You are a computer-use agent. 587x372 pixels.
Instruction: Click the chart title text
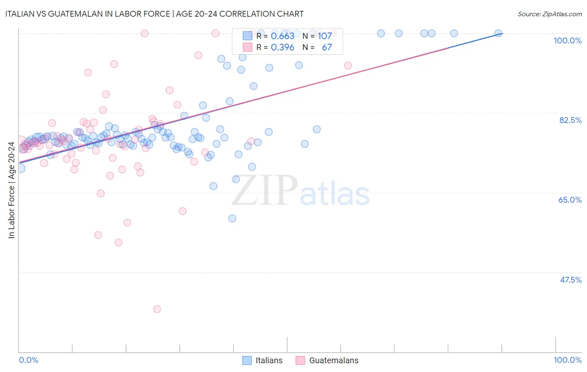tap(154, 14)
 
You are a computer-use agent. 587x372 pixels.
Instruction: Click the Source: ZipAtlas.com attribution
tap(549, 14)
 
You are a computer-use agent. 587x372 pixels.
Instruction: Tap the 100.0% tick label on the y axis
tap(567, 40)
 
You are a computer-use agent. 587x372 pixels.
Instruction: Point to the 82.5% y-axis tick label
tap(570, 120)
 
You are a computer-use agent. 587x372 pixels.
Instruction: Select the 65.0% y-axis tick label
tap(570, 200)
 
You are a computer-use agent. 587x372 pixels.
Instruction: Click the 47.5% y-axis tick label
tap(570, 280)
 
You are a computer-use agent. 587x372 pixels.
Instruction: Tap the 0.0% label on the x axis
tap(28, 360)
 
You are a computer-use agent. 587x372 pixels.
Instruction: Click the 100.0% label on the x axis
tap(567, 360)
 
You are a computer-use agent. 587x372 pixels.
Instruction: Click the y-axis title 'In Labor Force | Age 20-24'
tap(11, 190)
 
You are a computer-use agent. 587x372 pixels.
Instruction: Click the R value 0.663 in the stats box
tap(283, 36)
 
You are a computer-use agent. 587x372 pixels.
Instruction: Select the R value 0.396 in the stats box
tap(283, 48)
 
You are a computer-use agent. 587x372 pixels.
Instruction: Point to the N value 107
tap(325, 36)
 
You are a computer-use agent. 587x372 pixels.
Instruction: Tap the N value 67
tap(326, 48)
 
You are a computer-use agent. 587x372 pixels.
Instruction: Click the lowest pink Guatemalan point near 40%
tap(157, 309)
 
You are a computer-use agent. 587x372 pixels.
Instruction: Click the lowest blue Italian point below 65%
tap(232, 219)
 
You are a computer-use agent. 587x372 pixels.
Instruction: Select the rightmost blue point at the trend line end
tap(498, 33)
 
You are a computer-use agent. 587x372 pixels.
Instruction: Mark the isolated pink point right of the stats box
tap(348, 65)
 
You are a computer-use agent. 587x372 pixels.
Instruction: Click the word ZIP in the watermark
tap(265, 190)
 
